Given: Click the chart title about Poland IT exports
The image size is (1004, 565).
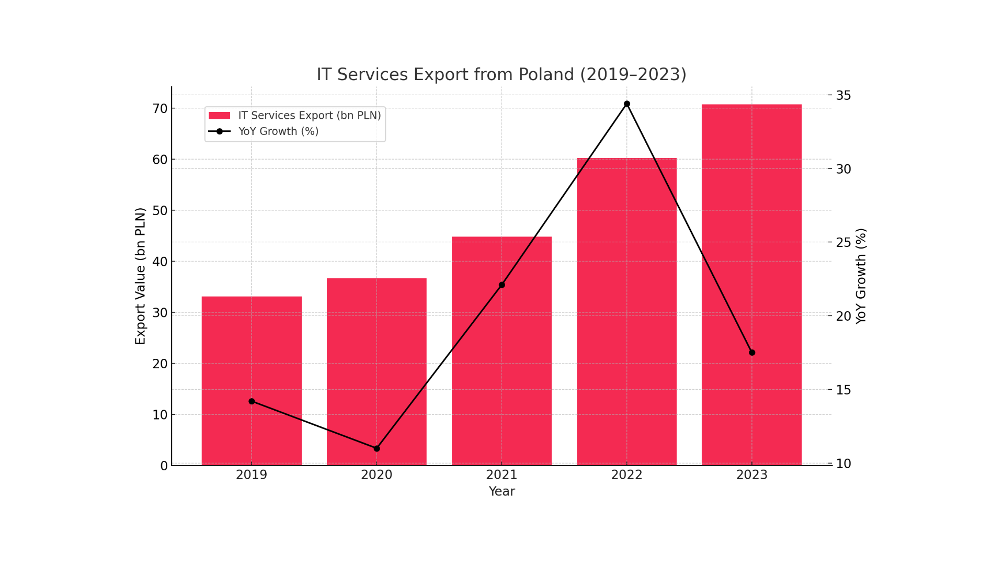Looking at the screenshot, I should [501, 74].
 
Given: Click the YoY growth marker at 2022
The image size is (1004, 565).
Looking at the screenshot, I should [626, 104].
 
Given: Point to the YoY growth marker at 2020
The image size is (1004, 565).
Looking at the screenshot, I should [376, 448].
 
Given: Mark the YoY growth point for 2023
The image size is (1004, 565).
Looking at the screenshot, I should [751, 353].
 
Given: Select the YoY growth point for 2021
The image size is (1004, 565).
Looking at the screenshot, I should [501, 285].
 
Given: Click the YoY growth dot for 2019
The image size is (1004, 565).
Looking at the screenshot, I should [252, 401].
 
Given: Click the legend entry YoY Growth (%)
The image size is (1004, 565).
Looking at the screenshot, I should [278, 131].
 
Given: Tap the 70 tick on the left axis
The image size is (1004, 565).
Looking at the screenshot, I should [160, 109].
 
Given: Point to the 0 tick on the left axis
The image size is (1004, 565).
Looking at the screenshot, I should [164, 466].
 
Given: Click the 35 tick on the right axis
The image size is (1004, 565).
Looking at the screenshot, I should [843, 95].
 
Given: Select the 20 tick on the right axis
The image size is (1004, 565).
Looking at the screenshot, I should [843, 316].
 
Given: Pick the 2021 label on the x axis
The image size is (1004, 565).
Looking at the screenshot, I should [501, 475].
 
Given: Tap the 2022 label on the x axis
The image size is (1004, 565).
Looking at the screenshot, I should [626, 475].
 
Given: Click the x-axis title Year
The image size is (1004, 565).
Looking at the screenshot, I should [501, 492].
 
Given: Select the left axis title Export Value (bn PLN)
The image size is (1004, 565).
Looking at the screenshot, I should [140, 276].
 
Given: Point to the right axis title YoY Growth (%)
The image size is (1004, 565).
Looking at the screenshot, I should [861, 276].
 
